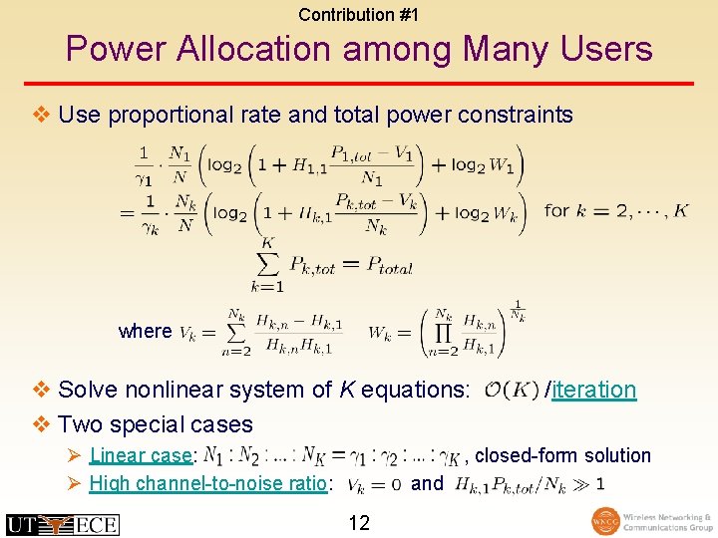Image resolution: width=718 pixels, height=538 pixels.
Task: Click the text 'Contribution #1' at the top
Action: coord(358,14)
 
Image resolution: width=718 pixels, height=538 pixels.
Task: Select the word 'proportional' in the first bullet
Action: coord(166,115)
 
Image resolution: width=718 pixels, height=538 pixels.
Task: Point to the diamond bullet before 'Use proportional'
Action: coord(41,115)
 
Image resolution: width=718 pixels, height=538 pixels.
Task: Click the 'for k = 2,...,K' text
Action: coord(614,211)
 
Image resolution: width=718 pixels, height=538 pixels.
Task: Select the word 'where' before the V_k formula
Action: coord(145,331)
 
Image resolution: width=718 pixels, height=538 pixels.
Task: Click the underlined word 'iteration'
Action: coord(593,390)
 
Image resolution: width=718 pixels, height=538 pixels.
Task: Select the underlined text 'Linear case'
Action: coord(140,456)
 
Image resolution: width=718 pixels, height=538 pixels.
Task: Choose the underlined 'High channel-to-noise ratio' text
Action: coord(208,484)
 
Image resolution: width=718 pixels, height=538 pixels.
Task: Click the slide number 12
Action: coord(358,522)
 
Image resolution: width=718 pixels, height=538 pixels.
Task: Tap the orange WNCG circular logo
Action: coord(605,522)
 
